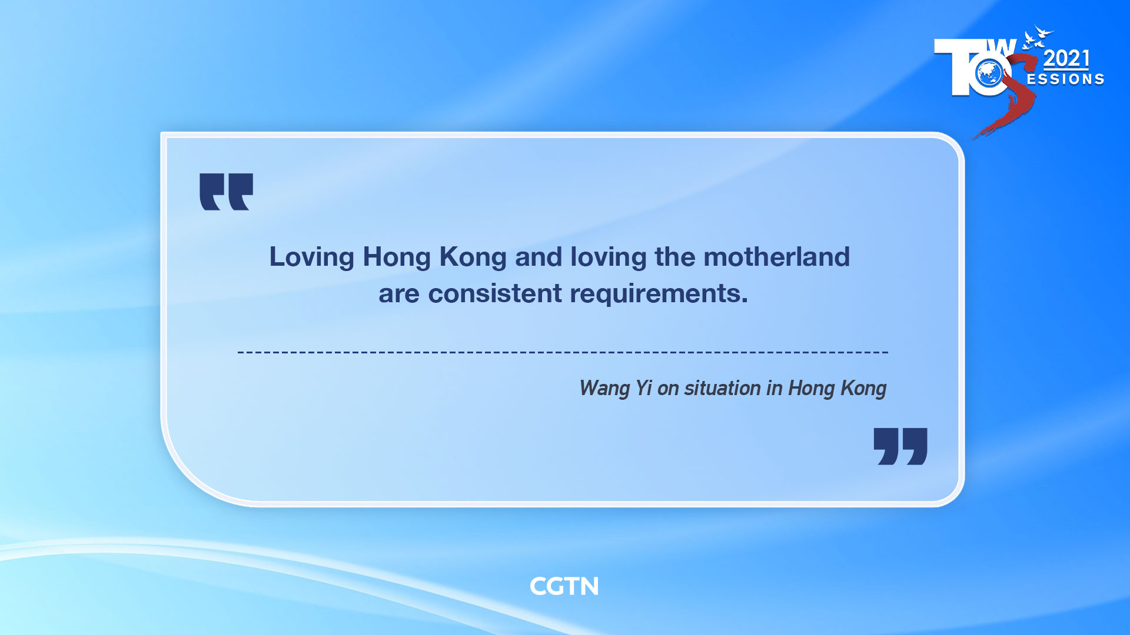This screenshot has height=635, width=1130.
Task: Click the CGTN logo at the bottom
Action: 564,586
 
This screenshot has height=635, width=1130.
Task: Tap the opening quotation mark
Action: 226,192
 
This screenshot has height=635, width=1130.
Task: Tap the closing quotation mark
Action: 900,446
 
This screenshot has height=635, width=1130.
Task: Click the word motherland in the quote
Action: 776,257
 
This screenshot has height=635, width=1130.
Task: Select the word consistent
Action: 495,293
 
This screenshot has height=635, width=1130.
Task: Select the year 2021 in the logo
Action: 1066,59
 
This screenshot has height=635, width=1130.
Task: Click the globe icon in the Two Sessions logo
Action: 989,74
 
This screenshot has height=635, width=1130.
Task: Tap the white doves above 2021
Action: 1037,36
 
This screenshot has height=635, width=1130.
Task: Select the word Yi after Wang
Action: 643,388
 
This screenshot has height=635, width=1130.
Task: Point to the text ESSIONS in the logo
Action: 1065,79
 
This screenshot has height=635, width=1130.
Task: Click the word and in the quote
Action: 539,257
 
